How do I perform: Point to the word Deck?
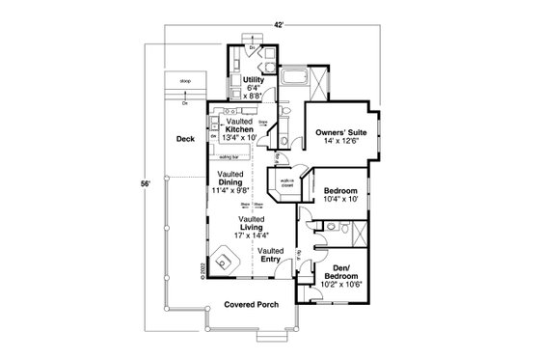click(x=186, y=139)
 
